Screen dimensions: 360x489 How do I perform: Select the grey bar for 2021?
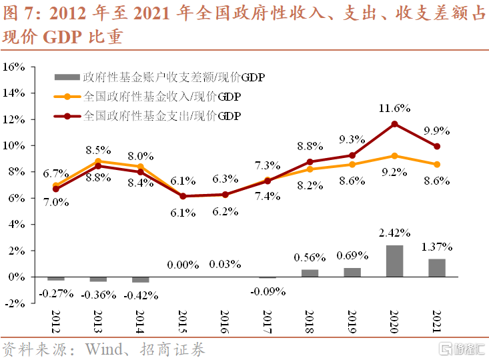[x=437, y=267]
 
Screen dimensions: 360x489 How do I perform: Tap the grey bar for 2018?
[x=310, y=273]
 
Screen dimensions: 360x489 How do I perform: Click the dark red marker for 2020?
[x=395, y=124]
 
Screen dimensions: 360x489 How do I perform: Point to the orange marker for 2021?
[x=437, y=164]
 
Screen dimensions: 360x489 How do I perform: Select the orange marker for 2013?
[x=98, y=161]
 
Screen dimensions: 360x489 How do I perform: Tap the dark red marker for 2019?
[x=352, y=155]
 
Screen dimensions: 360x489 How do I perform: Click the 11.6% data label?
[x=394, y=107]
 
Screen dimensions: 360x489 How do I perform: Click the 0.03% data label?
[x=225, y=265]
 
